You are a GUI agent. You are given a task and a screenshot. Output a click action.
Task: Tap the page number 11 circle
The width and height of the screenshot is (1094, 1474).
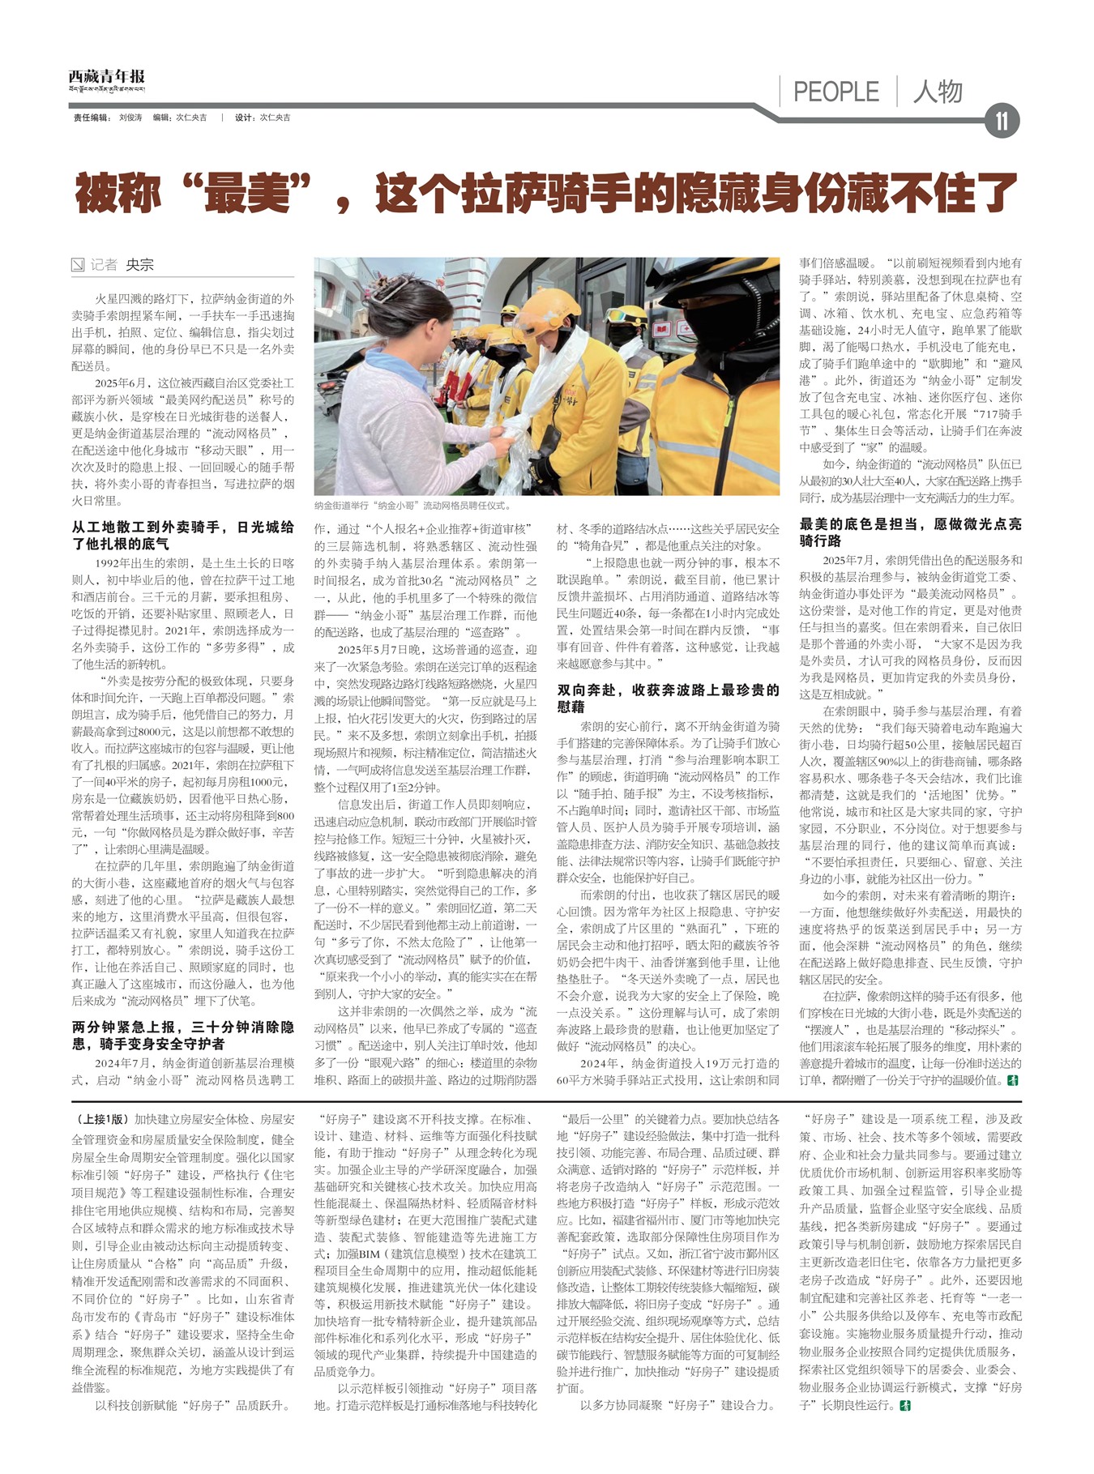pos(1002,122)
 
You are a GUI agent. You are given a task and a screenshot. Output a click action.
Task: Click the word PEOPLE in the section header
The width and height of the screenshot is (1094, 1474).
pos(835,92)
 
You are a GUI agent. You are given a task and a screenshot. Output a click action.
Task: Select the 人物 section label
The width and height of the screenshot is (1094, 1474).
pos(938,92)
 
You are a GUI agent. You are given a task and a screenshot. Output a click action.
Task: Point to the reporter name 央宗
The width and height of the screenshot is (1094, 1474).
pos(139,265)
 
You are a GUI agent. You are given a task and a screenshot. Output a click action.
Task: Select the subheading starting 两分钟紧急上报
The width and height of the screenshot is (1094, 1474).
pos(182,1036)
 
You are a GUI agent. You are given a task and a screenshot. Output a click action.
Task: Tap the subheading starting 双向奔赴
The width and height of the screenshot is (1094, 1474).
pos(668,698)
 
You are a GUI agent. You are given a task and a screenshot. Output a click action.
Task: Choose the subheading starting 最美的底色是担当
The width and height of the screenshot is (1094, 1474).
pos(910,532)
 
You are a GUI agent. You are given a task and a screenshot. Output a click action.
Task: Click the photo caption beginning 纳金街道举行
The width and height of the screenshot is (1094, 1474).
pos(412,506)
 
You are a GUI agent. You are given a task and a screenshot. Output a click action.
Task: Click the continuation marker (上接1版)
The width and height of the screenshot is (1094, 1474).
pos(100,1119)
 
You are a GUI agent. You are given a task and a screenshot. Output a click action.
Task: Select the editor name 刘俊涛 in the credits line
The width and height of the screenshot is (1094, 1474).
pos(130,118)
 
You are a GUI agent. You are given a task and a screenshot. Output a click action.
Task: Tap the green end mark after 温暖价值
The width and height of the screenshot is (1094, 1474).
pos(1013,1080)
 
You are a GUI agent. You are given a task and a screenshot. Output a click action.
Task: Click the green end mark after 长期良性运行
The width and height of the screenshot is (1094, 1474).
pos(906,1404)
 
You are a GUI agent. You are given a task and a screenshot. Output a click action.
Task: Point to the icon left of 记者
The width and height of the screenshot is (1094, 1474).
pos(78,265)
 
